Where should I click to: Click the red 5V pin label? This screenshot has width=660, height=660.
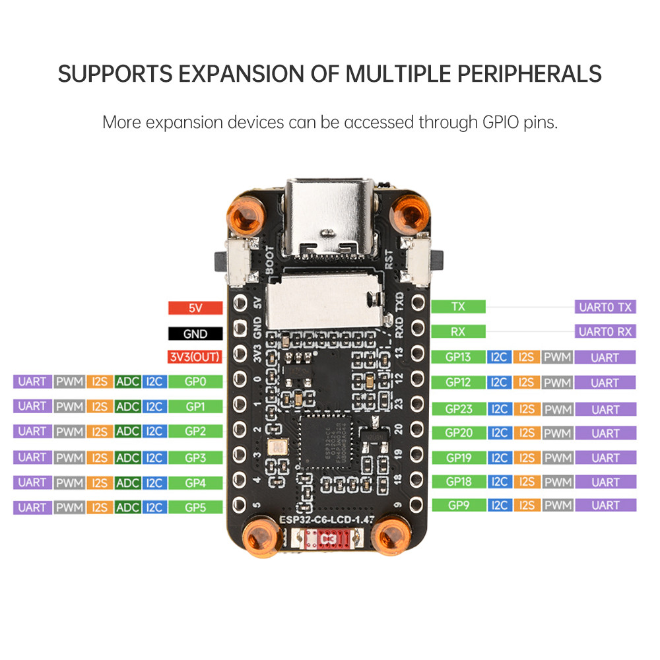coord(195,308)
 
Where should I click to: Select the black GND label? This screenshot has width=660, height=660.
coord(195,333)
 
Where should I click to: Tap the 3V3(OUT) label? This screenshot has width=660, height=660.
coord(195,358)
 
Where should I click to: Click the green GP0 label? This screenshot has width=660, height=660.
coord(195,381)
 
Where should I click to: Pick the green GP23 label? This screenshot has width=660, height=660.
coord(458,409)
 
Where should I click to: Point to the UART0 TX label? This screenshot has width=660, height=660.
coord(605,307)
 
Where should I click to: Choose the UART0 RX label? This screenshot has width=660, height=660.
coord(605,331)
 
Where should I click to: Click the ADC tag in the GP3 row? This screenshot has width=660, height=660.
coord(127,457)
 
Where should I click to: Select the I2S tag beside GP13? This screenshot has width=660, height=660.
coord(526,358)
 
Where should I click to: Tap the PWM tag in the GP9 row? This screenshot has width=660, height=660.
coord(557,506)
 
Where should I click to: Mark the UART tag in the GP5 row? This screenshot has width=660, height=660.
coord(32,508)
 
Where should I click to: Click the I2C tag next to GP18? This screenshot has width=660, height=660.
coord(498,482)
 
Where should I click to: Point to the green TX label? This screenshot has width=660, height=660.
coord(458,307)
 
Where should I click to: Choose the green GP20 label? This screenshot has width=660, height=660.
coord(458,433)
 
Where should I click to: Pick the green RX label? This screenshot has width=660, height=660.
coord(458,331)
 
